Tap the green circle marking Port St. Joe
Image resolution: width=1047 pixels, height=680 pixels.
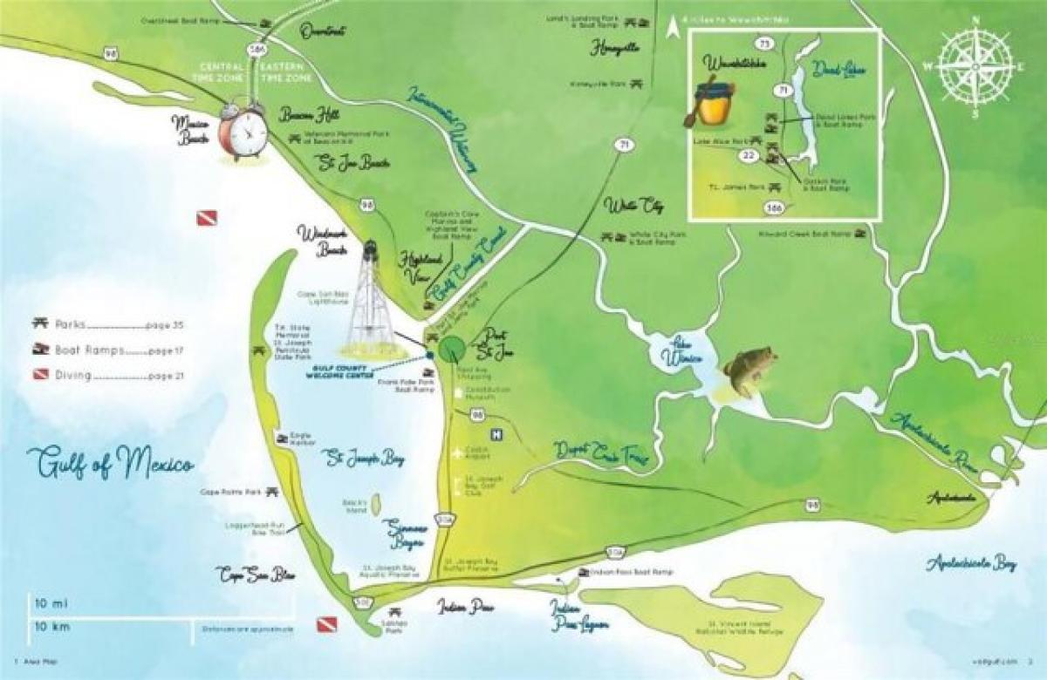tap(451, 349)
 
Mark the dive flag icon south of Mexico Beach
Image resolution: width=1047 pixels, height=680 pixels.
tap(206, 218)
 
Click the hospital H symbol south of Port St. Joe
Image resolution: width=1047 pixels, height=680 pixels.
tap(496, 435)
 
